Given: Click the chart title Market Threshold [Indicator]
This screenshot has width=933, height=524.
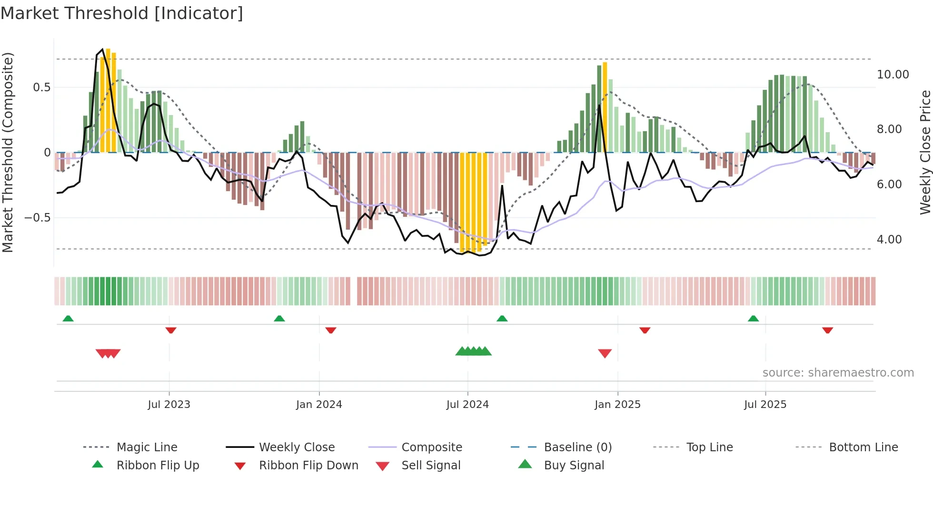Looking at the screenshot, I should tap(122, 13).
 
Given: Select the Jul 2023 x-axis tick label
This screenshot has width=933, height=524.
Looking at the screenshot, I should tap(169, 405).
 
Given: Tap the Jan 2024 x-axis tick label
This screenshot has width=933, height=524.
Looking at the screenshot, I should tap(319, 405).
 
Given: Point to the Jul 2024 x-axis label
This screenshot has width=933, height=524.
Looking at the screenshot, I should tap(467, 405).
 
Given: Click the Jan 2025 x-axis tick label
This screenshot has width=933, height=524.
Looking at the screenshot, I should tap(617, 405).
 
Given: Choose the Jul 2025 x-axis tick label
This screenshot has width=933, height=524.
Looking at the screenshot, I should tap(765, 405).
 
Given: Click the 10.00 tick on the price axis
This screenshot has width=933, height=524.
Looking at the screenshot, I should tap(893, 75).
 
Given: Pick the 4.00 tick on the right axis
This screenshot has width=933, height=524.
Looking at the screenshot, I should tap(889, 240).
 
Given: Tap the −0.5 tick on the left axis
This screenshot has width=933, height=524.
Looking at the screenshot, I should tap(37, 218).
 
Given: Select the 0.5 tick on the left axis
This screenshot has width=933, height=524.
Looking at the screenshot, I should tap(41, 87).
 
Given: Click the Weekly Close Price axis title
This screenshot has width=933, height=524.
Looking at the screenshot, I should tap(925, 152).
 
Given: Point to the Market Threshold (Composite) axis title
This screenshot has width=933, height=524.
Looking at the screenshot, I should tap(8, 152).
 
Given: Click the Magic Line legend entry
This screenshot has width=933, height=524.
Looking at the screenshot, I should tap(147, 447).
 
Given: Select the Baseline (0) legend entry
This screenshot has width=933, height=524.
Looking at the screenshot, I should tap(577, 447).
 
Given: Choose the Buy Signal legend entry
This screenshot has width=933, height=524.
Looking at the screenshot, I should tap(574, 466).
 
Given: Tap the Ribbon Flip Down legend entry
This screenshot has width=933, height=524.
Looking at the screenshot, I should tap(308, 466).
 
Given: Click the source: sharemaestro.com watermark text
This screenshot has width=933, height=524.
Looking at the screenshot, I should tap(838, 373).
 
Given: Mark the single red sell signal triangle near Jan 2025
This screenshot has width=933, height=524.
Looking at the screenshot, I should tap(605, 353).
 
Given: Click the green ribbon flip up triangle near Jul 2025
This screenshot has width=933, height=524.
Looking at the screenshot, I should tap(753, 319).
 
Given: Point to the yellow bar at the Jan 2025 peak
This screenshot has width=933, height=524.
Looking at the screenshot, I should tap(605, 107).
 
